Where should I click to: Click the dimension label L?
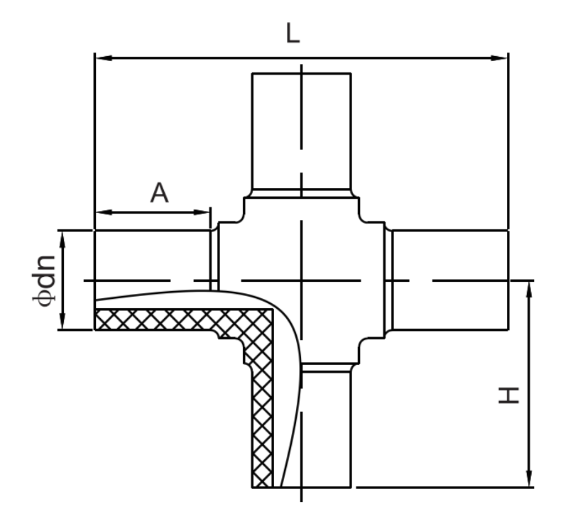point(293,33)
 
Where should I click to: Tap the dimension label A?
point(159,192)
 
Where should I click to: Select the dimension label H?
point(509,395)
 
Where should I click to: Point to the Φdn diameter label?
point(44,280)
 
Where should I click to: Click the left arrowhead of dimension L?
point(103,58)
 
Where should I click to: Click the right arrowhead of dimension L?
point(500,58)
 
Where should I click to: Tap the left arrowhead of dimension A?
point(103,212)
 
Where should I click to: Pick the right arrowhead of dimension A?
point(202,212)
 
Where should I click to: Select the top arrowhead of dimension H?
point(529,289)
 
